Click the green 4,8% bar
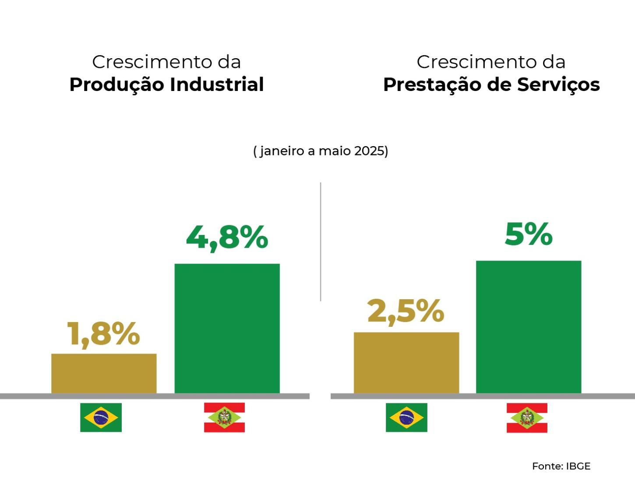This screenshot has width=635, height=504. point(227,328)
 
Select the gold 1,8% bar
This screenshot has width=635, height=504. point(104,373)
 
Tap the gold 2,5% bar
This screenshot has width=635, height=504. point(406,363)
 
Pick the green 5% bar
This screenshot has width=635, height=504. point(529,327)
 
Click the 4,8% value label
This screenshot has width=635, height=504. point(227,238)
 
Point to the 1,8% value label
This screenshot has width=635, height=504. point(103,334)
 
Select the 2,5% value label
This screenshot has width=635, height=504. point(406,312)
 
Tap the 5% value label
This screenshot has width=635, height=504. point(529,234)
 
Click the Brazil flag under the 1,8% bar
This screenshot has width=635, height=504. point(101,417)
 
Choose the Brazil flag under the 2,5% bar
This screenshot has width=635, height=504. point(406,417)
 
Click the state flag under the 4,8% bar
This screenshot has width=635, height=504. point(224,417)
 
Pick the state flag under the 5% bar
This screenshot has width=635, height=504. point(527,418)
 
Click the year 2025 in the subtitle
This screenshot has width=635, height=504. point(369,151)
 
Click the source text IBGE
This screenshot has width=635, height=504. point(578,466)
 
